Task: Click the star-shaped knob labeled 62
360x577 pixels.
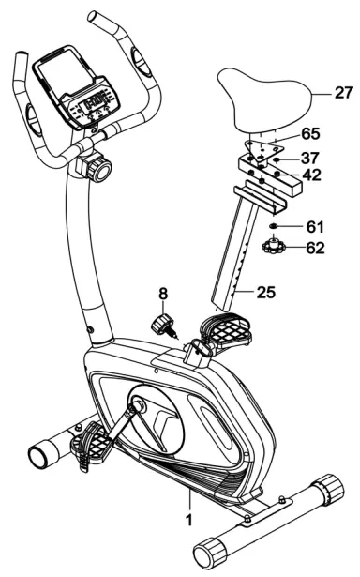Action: click(274, 249)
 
